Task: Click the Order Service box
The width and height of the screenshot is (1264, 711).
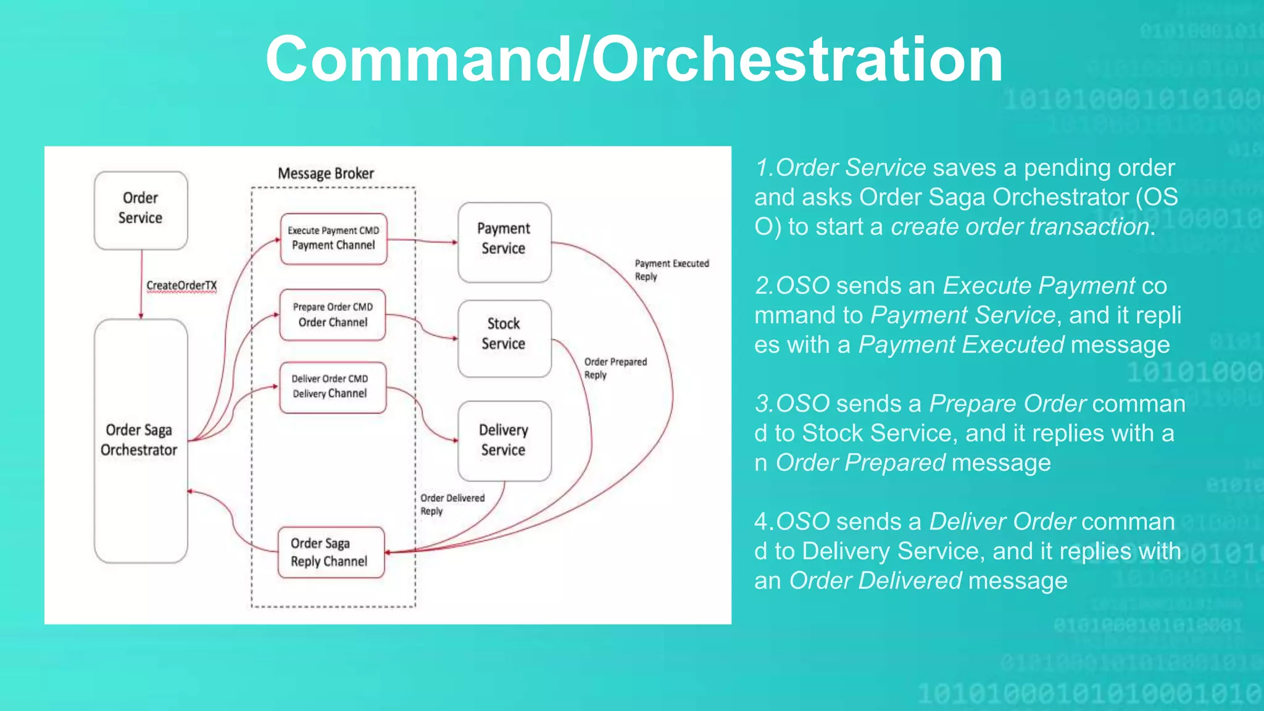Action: pos(141,210)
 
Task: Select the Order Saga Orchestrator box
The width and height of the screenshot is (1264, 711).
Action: pos(141,440)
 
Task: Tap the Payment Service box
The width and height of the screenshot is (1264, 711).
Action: pos(504,242)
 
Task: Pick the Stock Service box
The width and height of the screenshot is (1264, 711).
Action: pos(504,338)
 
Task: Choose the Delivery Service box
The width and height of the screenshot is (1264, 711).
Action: pos(504,440)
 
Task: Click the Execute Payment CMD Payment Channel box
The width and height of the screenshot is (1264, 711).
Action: pos(333,239)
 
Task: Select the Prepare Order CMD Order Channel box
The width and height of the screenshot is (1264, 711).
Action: pos(333,315)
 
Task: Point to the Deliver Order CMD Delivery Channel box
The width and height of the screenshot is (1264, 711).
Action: pos(332,387)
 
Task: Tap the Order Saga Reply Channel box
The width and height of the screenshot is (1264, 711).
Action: pos(331,552)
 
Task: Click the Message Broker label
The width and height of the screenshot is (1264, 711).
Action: pos(326,173)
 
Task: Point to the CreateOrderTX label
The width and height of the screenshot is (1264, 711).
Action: pos(181,285)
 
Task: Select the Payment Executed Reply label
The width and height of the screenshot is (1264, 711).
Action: pos(671,270)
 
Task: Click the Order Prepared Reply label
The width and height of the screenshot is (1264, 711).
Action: pos(615,368)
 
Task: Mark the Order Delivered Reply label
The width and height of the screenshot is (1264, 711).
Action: pos(452,504)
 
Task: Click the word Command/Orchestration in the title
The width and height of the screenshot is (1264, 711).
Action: pos(634,59)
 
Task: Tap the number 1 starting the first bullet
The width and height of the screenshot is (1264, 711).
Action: pos(762,168)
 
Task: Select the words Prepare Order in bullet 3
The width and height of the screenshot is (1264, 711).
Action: pos(1007,404)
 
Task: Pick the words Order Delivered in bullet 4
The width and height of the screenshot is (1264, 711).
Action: pos(875,581)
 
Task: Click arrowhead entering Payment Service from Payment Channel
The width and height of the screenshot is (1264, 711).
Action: pos(454,242)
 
